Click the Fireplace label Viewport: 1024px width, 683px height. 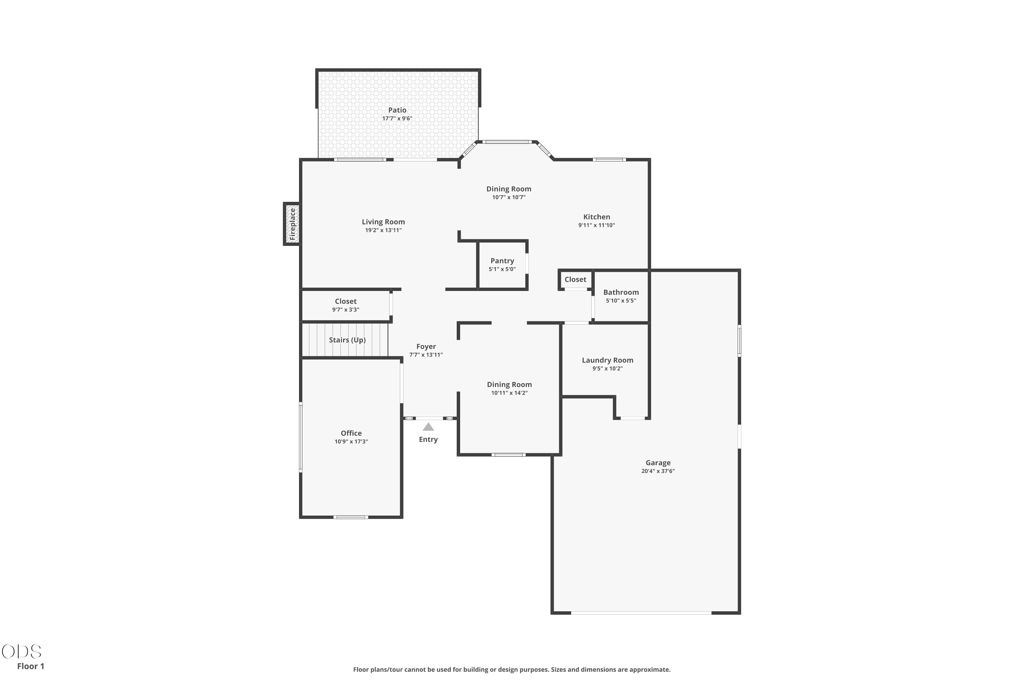tap(293, 224)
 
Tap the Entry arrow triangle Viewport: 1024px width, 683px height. tap(428, 427)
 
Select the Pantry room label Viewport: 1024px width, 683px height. tap(502, 261)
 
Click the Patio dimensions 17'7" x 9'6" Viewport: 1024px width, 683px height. tap(397, 119)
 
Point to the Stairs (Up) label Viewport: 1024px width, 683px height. tap(347, 340)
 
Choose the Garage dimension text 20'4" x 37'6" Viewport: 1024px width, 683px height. tap(658, 471)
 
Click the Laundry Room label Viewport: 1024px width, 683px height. tap(607, 360)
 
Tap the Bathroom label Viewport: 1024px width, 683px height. tap(621, 292)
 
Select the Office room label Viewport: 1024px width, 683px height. tap(351, 433)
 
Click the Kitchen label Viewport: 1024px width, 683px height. tap(596, 217)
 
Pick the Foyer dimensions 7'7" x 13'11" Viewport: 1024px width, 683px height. tap(426, 354)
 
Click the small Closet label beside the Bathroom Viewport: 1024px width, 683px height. tap(575, 280)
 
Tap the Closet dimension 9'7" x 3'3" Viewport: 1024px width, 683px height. tap(346, 310)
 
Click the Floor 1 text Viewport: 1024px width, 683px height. tap(30, 666)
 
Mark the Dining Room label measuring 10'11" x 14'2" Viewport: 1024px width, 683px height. tap(509, 385)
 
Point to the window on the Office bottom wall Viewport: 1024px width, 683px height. tap(351, 517)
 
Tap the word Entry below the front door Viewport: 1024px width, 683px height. tap(428, 440)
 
